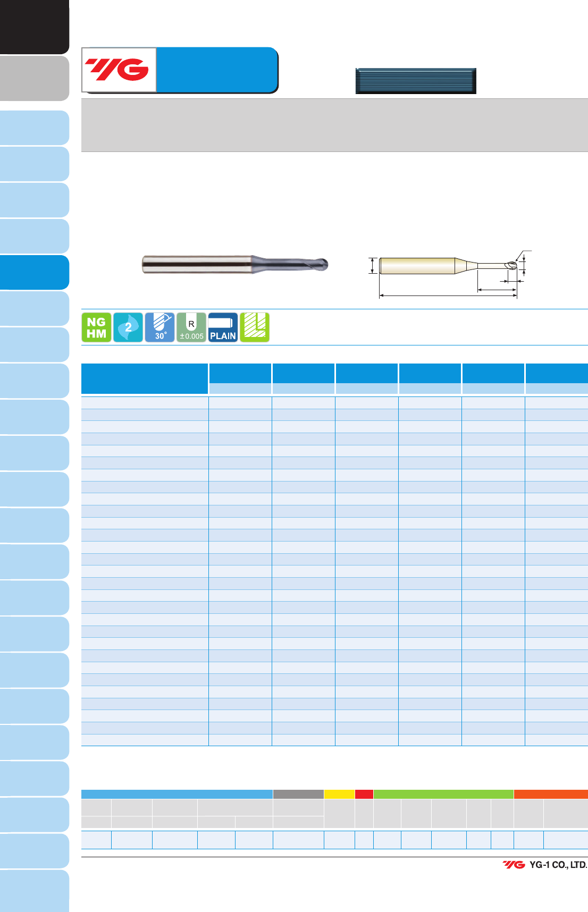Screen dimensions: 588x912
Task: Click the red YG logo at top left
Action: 117,70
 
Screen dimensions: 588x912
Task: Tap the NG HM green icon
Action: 96,327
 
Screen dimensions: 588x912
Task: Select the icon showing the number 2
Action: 128,327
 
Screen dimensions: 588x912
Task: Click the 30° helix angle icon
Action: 159,327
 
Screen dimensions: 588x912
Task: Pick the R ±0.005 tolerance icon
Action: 191,327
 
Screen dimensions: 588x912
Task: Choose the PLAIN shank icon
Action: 223,327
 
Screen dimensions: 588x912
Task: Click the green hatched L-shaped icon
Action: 255,327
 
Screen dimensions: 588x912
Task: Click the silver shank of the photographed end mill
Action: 197,264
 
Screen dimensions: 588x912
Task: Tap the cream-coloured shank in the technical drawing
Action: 417,266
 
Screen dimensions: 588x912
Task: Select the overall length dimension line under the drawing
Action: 448,295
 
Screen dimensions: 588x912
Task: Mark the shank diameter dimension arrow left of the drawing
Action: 373,266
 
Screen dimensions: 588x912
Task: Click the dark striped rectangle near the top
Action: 416,81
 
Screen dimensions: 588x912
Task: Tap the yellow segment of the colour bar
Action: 339,794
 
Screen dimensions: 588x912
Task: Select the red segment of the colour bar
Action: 364,794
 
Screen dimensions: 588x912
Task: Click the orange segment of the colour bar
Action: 551,794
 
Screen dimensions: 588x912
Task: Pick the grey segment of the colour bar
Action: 298,794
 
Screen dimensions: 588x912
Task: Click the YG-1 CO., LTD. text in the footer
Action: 558,865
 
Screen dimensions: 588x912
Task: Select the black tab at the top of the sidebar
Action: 35,27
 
